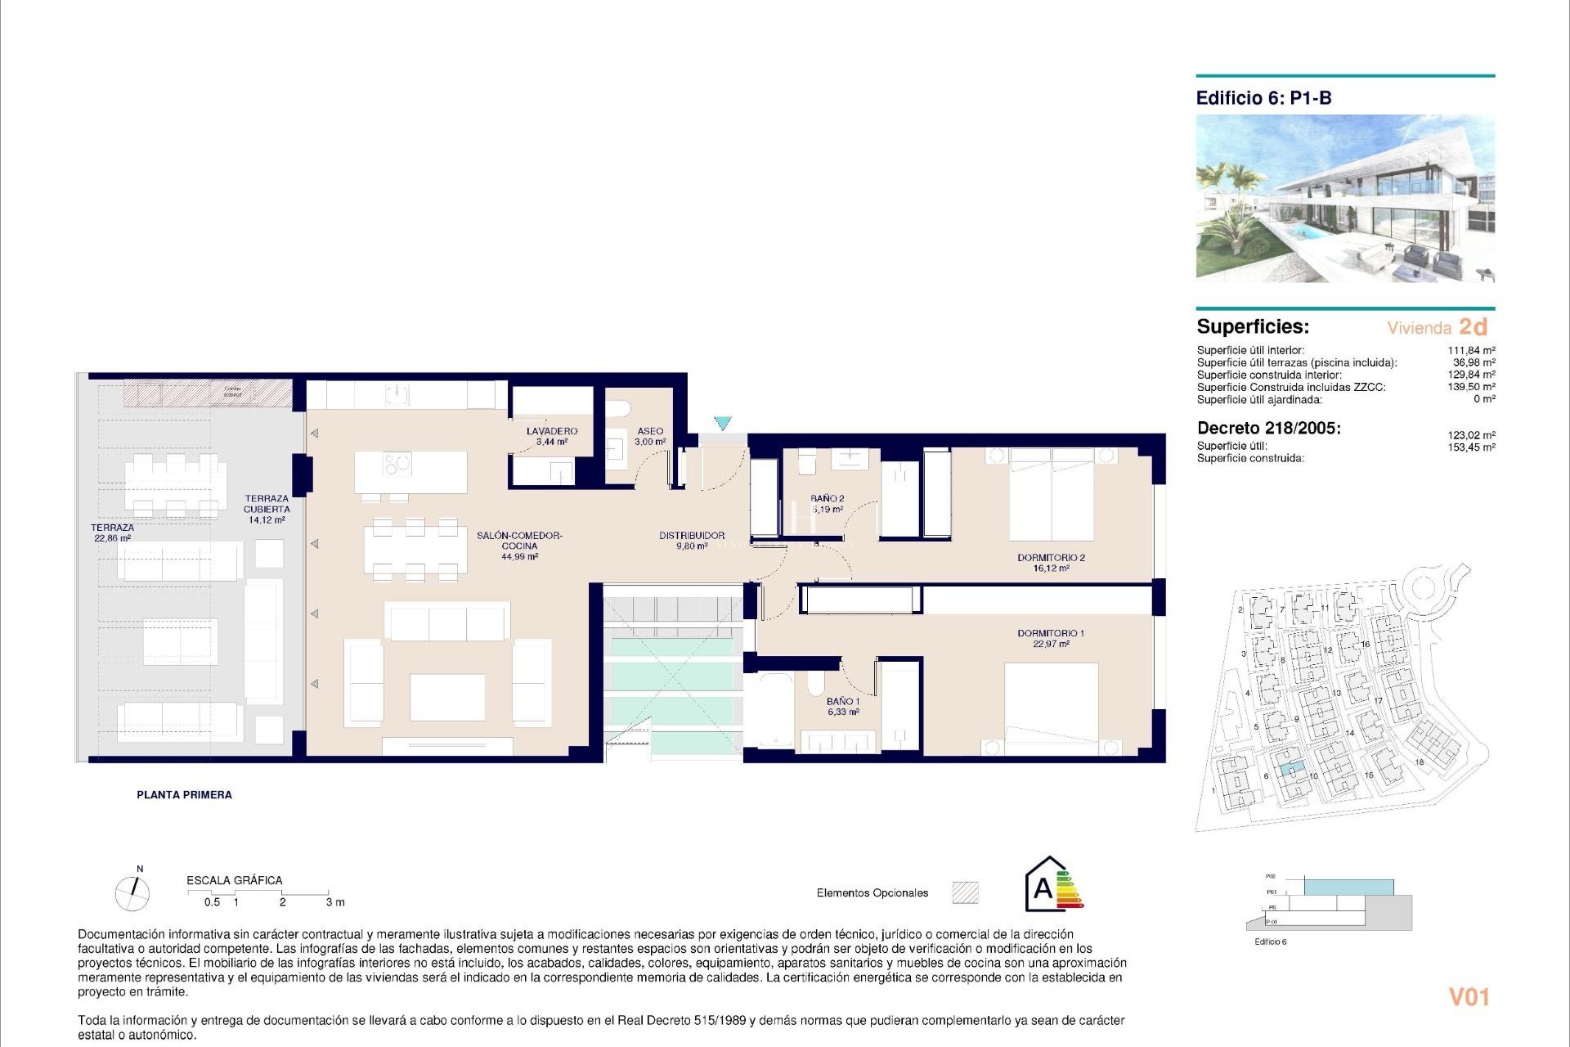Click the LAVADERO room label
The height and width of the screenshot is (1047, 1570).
[x=552, y=431]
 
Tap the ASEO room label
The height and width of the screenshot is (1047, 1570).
[x=650, y=431]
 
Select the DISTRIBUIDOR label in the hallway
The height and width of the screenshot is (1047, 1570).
[x=692, y=536]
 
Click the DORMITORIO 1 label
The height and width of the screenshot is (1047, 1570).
[x=1051, y=633]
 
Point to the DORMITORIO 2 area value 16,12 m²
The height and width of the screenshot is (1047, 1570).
[x=1051, y=568]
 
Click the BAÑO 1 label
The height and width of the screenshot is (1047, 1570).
[x=842, y=702]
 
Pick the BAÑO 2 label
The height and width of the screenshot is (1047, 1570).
[x=827, y=498]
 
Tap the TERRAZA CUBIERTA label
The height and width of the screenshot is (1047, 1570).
[x=267, y=504]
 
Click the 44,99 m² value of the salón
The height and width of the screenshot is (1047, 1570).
[x=520, y=557]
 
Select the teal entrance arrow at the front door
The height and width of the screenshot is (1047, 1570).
[x=722, y=423]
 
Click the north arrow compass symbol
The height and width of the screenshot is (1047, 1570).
[x=132, y=892]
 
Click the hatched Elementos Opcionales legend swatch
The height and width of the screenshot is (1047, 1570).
[x=965, y=892]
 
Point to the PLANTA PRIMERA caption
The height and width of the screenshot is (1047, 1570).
[x=184, y=794]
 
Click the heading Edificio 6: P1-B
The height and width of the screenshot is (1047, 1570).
[x=1263, y=98]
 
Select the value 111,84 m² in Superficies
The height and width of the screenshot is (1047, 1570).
[x=1471, y=350]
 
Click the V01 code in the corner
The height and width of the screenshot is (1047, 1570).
[x=1469, y=997]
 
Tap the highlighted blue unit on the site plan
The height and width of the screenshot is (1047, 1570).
[x=1290, y=769]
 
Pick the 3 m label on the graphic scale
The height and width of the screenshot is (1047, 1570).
[x=335, y=902]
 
